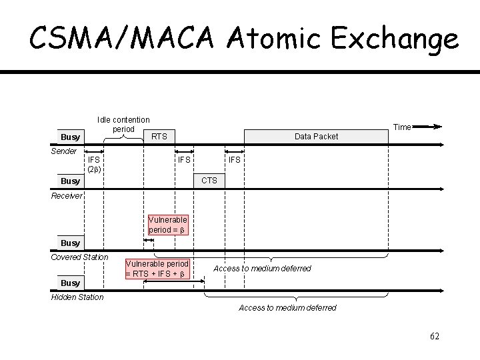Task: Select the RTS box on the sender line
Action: coord(159,137)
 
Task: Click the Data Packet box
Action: coord(316,137)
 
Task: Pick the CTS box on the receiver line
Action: coord(209,181)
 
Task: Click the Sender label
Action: coord(64,151)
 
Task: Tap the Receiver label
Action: coord(67,196)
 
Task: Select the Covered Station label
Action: coord(79,257)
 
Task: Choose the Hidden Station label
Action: coord(77,297)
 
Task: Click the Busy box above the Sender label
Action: coord(70,137)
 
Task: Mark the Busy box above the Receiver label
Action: coord(70,181)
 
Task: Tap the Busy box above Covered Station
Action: coord(70,243)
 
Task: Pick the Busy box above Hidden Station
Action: coord(70,283)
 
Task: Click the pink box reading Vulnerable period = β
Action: coord(168,225)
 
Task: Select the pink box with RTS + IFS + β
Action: coord(157,269)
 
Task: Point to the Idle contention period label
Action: coord(123,124)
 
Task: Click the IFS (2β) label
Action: coord(94,164)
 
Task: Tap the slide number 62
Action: coord(435,336)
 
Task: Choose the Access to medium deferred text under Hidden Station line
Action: coord(287,308)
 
